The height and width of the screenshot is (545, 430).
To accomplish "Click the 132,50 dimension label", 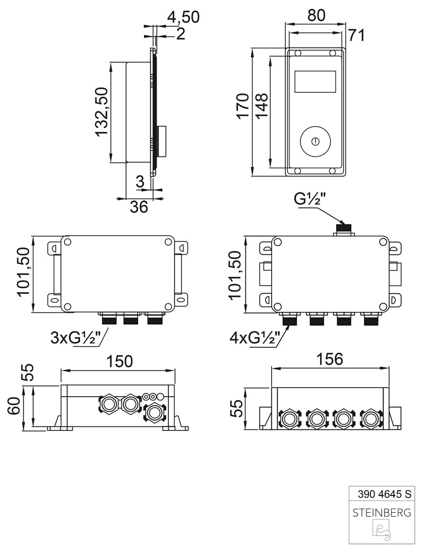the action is pyautogui.click(x=101, y=112).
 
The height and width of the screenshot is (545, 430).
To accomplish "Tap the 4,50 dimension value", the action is pyautogui.click(x=183, y=17).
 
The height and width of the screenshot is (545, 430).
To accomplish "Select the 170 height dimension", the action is pyautogui.click(x=243, y=106).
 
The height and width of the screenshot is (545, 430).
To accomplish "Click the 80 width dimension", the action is pyautogui.click(x=317, y=15).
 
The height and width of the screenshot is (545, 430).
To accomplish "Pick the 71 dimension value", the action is pyautogui.click(x=356, y=35).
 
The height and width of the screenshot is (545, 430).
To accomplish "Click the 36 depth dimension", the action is pyautogui.click(x=139, y=207).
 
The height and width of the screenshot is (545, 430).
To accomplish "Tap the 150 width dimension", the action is pyautogui.click(x=119, y=361).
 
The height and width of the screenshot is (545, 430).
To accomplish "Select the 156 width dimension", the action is pyautogui.click(x=330, y=359).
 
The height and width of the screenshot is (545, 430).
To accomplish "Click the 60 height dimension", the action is pyautogui.click(x=15, y=405).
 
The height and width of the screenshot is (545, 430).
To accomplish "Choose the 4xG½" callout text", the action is pyautogui.click(x=255, y=338).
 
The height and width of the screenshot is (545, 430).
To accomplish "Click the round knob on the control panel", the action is pyautogui.click(x=316, y=141).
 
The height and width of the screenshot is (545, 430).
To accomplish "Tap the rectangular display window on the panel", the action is pyautogui.click(x=315, y=82).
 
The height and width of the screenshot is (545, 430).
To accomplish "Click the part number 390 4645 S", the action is pyautogui.click(x=385, y=494).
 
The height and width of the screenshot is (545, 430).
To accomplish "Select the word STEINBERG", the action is pyautogui.click(x=382, y=513).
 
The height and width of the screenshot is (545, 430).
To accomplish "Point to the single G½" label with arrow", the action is pyautogui.click(x=310, y=199).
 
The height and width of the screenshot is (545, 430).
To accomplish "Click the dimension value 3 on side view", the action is pyautogui.click(x=140, y=182).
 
